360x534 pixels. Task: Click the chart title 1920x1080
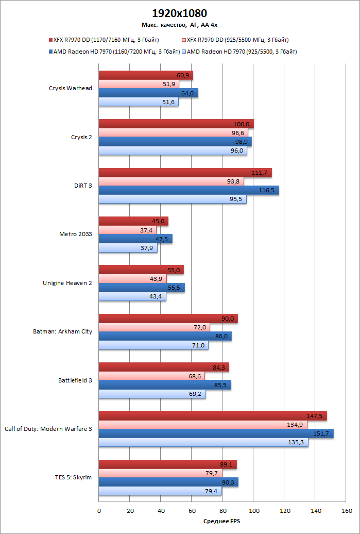[180, 13]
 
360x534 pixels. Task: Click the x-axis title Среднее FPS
[222, 521]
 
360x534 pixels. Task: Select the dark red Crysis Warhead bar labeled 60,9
[145, 75]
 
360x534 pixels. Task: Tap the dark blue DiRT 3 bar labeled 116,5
[188, 190]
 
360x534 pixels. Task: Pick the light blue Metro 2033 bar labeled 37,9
[128, 248]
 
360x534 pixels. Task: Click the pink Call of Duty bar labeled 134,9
[202, 424]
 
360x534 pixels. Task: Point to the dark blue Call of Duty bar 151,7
[216, 433]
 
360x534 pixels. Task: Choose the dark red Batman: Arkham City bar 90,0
[168, 319]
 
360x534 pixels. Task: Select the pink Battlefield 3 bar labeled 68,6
[151, 376]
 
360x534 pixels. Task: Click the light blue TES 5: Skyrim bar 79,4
[160, 491]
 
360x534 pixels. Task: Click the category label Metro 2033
[76, 234]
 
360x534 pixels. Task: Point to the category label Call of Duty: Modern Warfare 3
[48, 428]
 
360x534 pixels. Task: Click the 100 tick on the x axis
[253, 511]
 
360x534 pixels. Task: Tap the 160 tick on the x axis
[346, 511]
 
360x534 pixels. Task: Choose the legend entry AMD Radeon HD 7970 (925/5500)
[242, 52]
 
